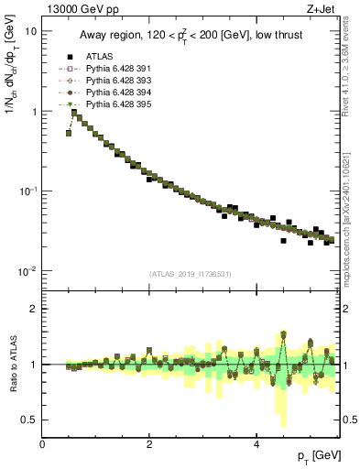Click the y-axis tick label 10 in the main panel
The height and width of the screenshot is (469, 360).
pos(31,31)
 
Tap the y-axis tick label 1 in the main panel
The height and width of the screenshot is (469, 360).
pos(34,112)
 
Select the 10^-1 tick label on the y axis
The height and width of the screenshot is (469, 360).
pos(28,191)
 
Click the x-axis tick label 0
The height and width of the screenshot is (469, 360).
pos(43,443)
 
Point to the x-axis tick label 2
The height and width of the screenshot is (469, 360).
pos(149,443)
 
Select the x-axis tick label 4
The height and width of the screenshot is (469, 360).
pos(256,443)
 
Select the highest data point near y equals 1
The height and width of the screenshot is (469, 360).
pos(74,113)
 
